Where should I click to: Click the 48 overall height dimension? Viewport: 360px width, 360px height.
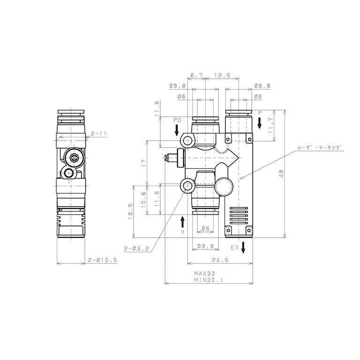pos(282,174)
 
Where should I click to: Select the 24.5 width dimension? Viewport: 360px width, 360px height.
pos(220,260)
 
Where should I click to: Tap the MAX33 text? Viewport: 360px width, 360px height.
pos(204,274)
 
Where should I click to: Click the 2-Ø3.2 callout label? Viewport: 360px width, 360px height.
pos(136,248)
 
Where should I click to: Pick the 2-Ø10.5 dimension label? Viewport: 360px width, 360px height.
pos(103,260)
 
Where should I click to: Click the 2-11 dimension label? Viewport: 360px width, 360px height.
pos(99,134)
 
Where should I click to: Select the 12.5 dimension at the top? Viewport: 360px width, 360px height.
pos(222,75)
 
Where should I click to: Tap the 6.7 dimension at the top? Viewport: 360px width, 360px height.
pos(197,75)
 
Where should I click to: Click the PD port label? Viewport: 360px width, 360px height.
pos(177,120)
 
